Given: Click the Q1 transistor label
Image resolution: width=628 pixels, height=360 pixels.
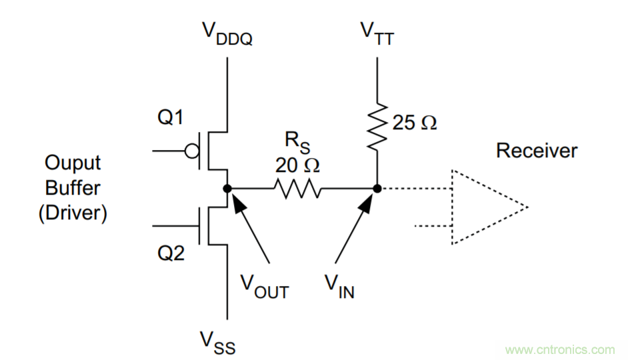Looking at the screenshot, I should pyautogui.click(x=170, y=118).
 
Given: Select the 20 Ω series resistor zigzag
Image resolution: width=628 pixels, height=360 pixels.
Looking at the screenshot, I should pyautogui.click(x=297, y=189).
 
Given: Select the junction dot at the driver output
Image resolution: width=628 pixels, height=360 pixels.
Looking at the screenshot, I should pyautogui.click(x=227, y=189).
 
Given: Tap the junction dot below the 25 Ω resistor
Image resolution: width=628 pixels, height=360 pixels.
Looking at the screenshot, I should pyautogui.click(x=377, y=189).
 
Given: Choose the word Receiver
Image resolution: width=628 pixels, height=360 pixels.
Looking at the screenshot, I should pyautogui.click(x=537, y=151).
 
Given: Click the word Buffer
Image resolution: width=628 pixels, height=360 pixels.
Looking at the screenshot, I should pyautogui.click(x=73, y=189).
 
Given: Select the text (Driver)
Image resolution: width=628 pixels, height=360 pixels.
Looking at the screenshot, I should pyautogui.click(x=73, y=214).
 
